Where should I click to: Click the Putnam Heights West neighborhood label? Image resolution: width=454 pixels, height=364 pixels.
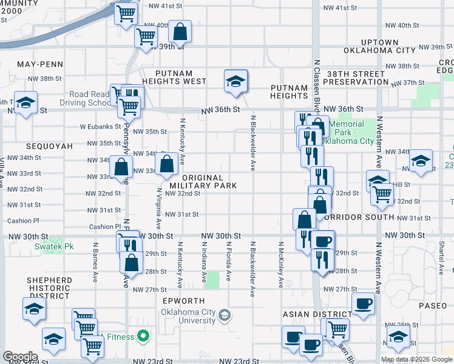174,76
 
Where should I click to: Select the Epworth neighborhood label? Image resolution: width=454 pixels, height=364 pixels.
188,301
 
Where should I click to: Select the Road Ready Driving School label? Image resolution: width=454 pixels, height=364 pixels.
90,98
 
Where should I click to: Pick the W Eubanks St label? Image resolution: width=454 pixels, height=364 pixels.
97,127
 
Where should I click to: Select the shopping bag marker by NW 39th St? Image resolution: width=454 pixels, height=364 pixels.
180,30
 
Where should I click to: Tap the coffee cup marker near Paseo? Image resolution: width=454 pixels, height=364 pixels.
364,303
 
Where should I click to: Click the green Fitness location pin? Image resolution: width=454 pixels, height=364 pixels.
143,335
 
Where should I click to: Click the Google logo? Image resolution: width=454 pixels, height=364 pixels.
20,357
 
